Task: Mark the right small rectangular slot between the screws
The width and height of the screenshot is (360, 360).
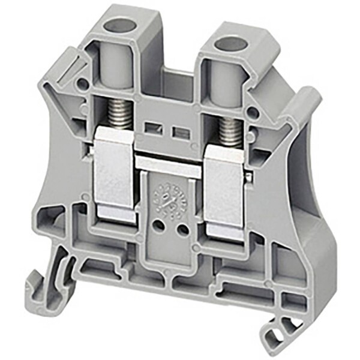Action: point(178,132)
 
